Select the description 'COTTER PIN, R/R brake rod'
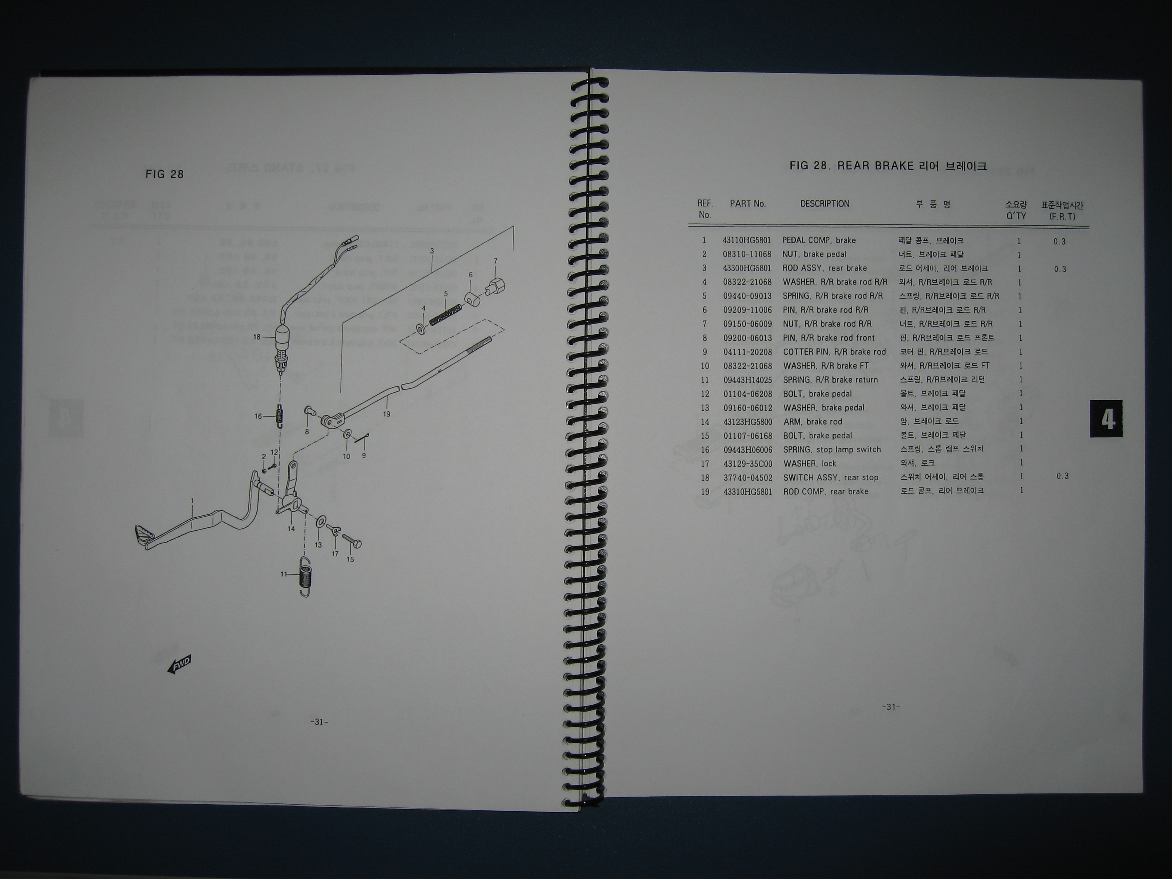coord(834,352)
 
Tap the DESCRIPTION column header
coord(824,204)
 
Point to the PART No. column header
coord(748,204)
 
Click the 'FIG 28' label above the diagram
coord(165,174)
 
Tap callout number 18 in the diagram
coord(257,337)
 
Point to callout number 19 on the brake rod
coord(387,414)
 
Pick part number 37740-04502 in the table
coord(748,477)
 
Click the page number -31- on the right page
coord(891,707)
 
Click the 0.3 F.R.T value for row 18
coord(1063,476)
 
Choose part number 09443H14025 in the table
coord(748,380)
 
